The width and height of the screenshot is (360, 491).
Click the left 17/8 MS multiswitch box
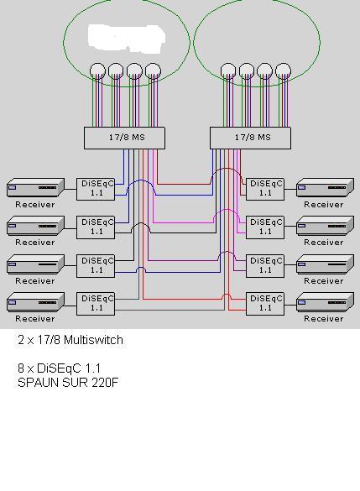(124, 138)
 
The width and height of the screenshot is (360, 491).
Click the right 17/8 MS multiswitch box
(250, 138)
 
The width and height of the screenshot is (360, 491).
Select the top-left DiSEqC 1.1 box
(96, 189)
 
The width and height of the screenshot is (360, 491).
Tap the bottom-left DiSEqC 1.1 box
(96, 304)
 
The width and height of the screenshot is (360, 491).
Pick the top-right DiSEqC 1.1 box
(265, 189)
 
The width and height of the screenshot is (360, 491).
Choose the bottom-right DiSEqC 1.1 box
(265, 304)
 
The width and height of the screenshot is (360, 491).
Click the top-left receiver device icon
(36, 187)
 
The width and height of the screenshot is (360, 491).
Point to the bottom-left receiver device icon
(36, 301)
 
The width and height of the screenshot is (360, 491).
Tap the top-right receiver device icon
(326, 187)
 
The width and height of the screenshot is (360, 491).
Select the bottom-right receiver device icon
(326, 301)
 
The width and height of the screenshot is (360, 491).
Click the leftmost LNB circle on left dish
(97, 71)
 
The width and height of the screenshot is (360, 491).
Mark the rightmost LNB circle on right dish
(283, 71)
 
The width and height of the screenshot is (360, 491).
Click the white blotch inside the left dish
(127, 39)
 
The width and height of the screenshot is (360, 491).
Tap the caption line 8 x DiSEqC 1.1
(60, 368)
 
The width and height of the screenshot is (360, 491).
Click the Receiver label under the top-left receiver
(35, 205)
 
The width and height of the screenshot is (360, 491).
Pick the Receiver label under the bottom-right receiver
(324, 319)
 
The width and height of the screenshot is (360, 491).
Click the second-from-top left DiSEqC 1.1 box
(96, 227)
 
